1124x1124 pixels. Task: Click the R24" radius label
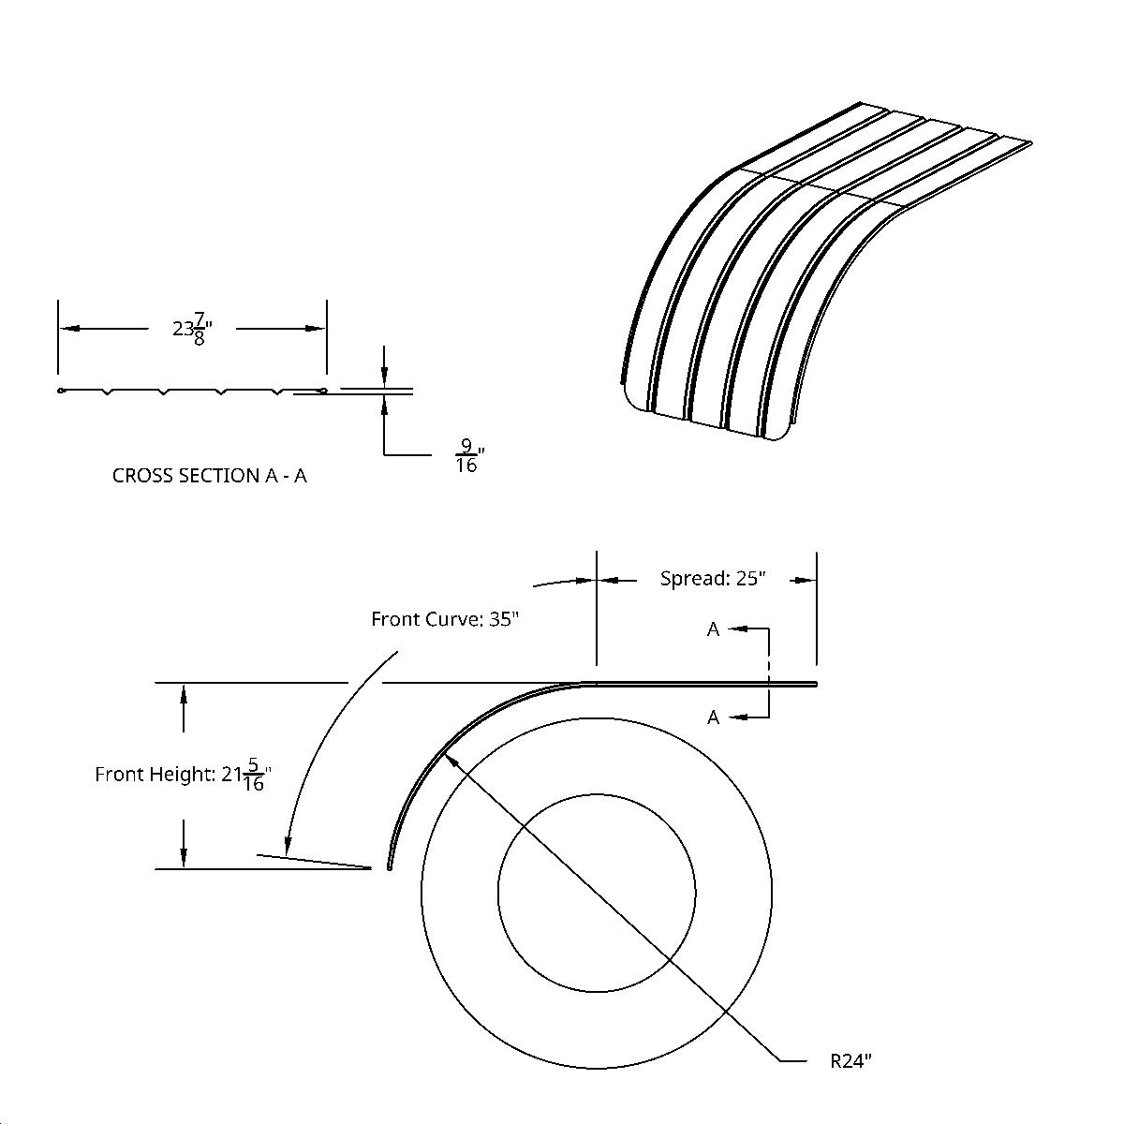pos(850,1061)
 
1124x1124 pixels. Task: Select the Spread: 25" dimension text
pos(713,579)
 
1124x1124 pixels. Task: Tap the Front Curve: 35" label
pos(444,619)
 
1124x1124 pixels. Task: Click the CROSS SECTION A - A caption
pos(209,476)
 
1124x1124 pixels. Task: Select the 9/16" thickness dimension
pos(467,455)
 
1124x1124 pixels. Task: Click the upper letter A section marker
pos(713,629)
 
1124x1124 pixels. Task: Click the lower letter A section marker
pos(713,717)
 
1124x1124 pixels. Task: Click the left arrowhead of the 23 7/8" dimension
pos(67,329)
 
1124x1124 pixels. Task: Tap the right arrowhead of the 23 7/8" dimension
pos(318,329)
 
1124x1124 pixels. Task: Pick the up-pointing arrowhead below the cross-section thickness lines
pos(384,401)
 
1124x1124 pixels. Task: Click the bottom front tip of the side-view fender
pos(389,867)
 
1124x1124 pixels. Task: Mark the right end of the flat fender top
pos(815,684)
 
